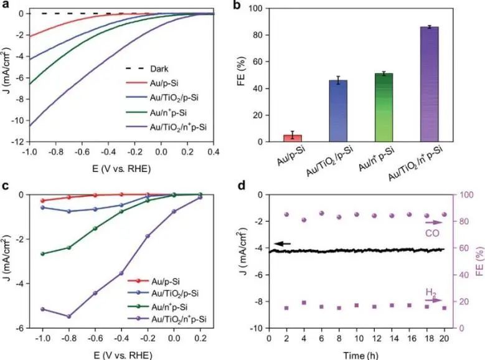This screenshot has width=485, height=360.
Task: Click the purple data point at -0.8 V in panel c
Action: click(x=68, y=316)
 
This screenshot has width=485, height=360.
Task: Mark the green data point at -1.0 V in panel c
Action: click(x=42, y=253)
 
